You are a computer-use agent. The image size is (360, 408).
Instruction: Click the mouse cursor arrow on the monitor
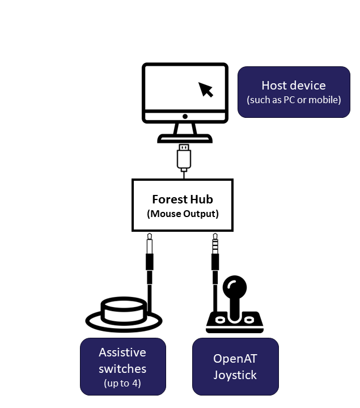coord(206,89)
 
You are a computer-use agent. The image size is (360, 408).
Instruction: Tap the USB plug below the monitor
coord(184,158)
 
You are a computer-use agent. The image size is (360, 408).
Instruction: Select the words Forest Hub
coord(183,199)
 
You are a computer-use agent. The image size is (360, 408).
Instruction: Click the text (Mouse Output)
coord(183,214)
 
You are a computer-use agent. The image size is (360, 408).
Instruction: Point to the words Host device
coord(293,86)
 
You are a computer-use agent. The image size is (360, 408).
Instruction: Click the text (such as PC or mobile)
coord(294,100)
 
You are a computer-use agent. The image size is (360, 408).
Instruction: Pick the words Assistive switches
coord(122,360)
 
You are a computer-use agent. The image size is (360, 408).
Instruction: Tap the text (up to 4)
coord(122,383)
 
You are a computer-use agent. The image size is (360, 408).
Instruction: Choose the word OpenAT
coord(235,359)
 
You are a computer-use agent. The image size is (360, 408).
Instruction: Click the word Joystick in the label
coord(235,375)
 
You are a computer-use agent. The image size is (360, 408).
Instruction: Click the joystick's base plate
coord(235,323)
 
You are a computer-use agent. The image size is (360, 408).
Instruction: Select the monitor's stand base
coord(185,138)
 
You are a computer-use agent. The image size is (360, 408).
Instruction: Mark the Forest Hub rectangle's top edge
coord(183,180)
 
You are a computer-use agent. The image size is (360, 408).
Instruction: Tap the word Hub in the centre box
coord(202,199)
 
